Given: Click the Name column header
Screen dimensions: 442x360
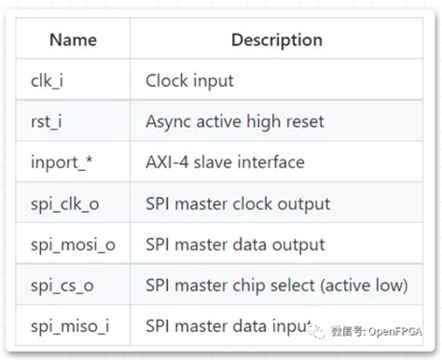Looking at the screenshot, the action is click(74, 40).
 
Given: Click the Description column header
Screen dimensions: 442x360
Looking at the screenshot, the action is click(276, 40).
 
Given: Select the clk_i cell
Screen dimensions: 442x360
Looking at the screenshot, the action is click(47, 80).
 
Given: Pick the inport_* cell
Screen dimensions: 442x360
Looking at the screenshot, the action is click(62, 162).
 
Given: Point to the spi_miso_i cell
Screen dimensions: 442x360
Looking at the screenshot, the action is click(67, 326).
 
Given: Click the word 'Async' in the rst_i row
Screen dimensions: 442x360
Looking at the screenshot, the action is click(168, 121).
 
